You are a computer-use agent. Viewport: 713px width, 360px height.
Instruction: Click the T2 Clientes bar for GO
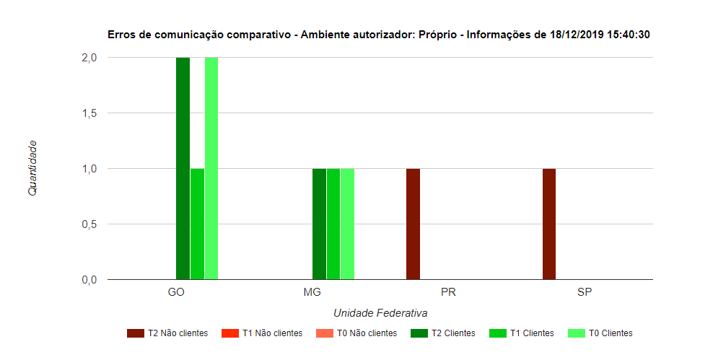point(183,168)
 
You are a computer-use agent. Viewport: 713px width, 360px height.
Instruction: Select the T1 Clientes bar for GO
point(197,224)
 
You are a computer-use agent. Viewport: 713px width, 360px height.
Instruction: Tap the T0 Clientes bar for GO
point(211,168)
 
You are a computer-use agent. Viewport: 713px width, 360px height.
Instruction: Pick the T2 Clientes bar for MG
point(319,224)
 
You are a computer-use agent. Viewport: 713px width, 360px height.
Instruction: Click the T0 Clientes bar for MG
point(347,224)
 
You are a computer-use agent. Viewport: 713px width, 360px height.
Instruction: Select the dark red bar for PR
point(413,224)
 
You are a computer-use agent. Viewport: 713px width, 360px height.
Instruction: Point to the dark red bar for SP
point(549,224)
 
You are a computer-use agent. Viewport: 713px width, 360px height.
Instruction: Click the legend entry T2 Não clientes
point(167,333)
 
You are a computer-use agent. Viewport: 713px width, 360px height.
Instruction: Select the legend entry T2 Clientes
point(444,333)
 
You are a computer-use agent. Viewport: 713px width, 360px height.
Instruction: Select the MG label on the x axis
point(312,293)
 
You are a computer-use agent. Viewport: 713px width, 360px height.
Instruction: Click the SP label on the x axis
point(585,293)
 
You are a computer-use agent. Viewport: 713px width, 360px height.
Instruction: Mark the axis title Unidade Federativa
point(380,314)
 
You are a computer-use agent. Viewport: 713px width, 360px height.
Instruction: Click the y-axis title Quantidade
point(32,168)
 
